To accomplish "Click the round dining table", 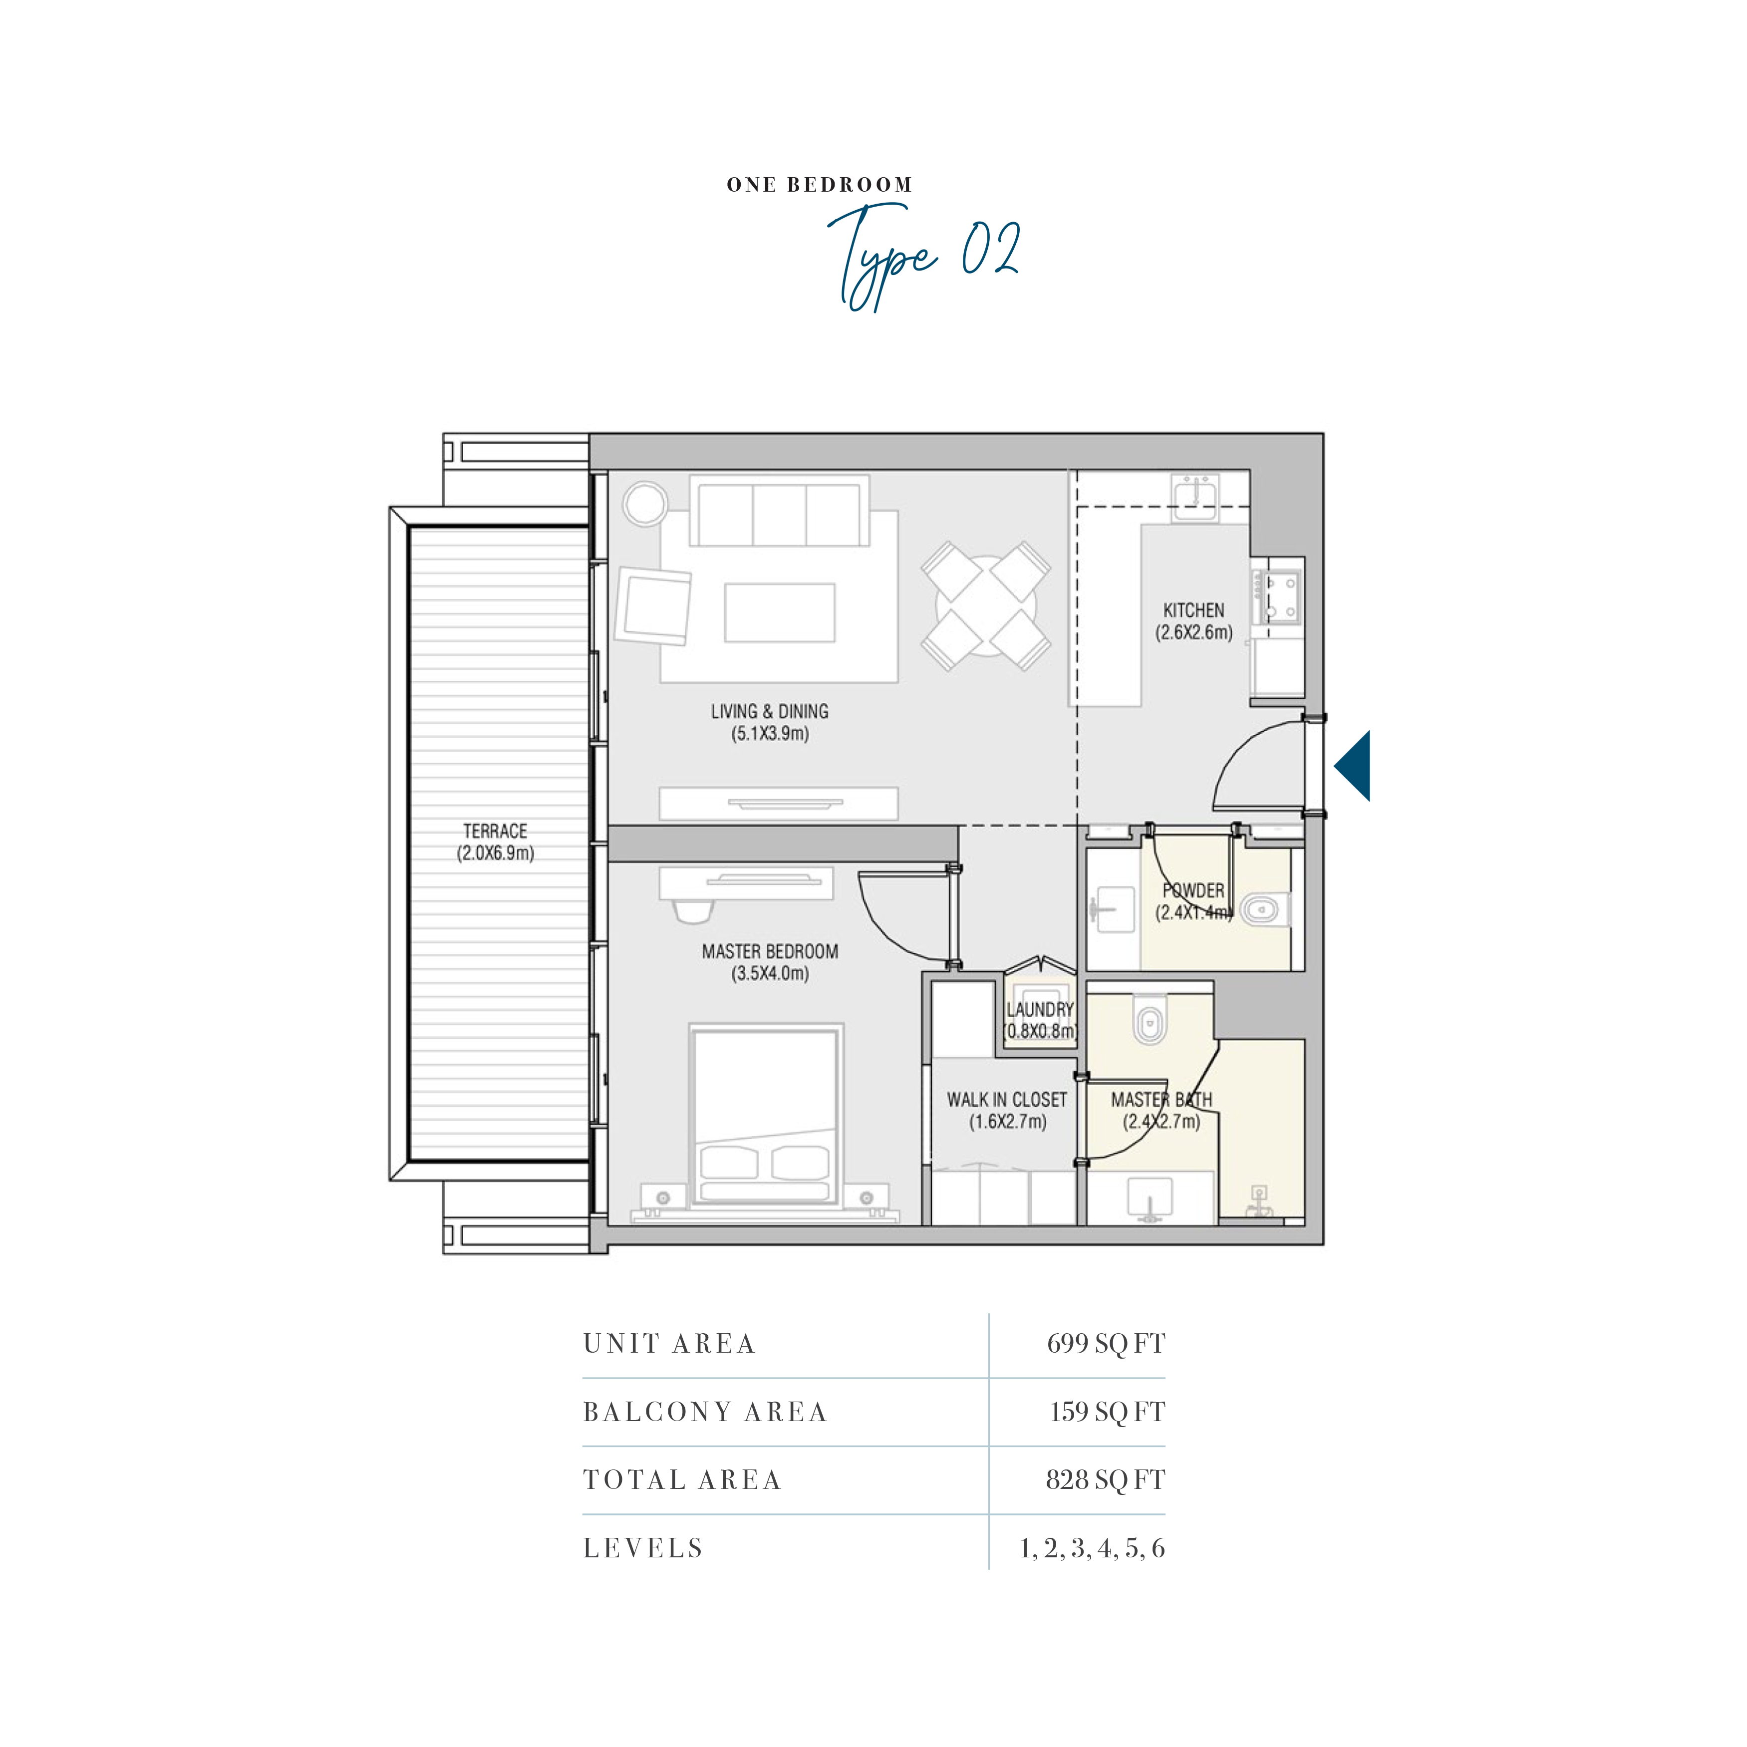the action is tap(986, 606).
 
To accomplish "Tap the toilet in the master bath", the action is tap(1150, 1020).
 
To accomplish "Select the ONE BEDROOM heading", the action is tap(819, 185).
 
